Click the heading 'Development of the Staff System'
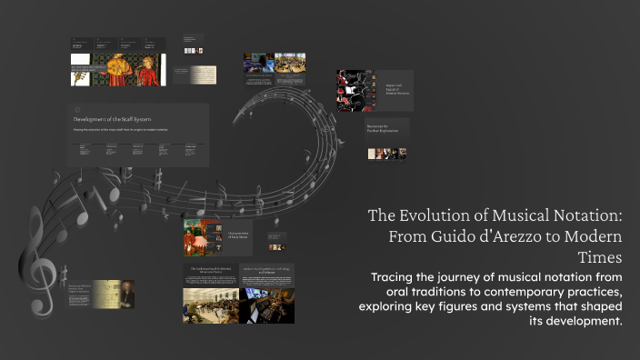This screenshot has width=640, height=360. point(114,119)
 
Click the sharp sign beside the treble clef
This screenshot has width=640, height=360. point(63,275)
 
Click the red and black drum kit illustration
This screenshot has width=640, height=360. point(354,90)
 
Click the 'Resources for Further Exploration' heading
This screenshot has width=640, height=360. point(385,128)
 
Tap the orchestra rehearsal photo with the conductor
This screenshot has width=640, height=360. point(210,305)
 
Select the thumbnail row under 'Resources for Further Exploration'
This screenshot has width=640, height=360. point(386,153)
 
